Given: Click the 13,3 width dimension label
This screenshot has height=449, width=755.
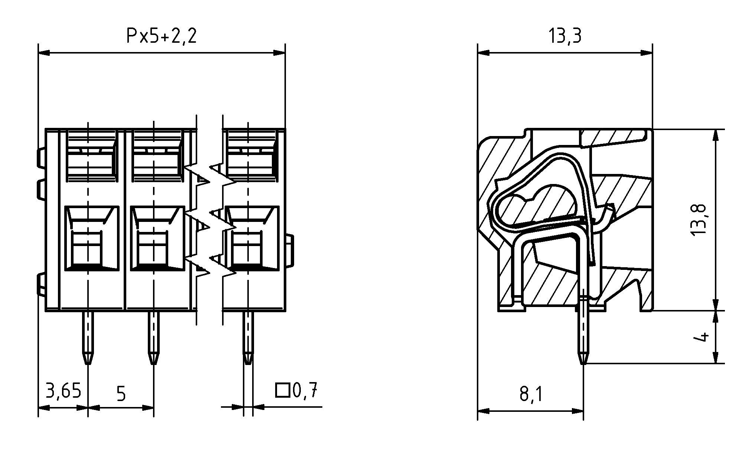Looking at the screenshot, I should click(x=565, y=36).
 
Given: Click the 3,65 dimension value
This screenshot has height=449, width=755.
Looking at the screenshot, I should click(x=63, y=391).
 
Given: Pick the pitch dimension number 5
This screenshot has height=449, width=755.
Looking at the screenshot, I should click(x=121, y=394).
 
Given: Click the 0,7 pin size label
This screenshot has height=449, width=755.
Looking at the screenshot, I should click(x=305, y=390).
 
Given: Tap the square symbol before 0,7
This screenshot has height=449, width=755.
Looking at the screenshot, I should click(x=282, y=390).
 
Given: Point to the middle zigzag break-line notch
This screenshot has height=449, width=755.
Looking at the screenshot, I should click(x=211, y=222).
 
